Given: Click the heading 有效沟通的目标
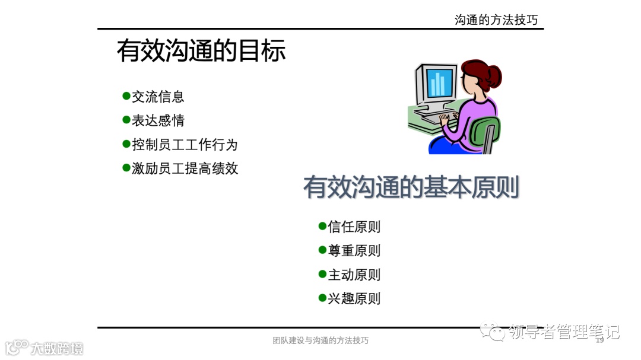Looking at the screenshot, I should (201, 51).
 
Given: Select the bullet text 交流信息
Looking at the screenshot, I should (158, 97).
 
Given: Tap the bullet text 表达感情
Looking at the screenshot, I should (158, 120).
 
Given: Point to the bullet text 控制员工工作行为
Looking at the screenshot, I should (185, 144).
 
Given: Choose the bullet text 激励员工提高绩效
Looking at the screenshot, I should (185, 168).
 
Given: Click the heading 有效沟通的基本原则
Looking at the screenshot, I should (411, 187).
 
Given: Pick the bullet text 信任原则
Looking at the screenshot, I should (354, 227).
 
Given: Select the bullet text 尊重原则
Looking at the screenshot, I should (354, 250).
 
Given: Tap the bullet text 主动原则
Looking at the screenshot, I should (354, 275).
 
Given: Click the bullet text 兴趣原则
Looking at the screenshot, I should (354, 298).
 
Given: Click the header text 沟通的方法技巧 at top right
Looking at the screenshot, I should (496, 20).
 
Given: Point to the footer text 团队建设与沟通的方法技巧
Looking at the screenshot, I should (320, 340).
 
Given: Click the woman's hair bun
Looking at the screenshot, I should (492, 75).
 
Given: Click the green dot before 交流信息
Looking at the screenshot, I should (126, 96).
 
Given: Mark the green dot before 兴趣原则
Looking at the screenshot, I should (322, 298).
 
